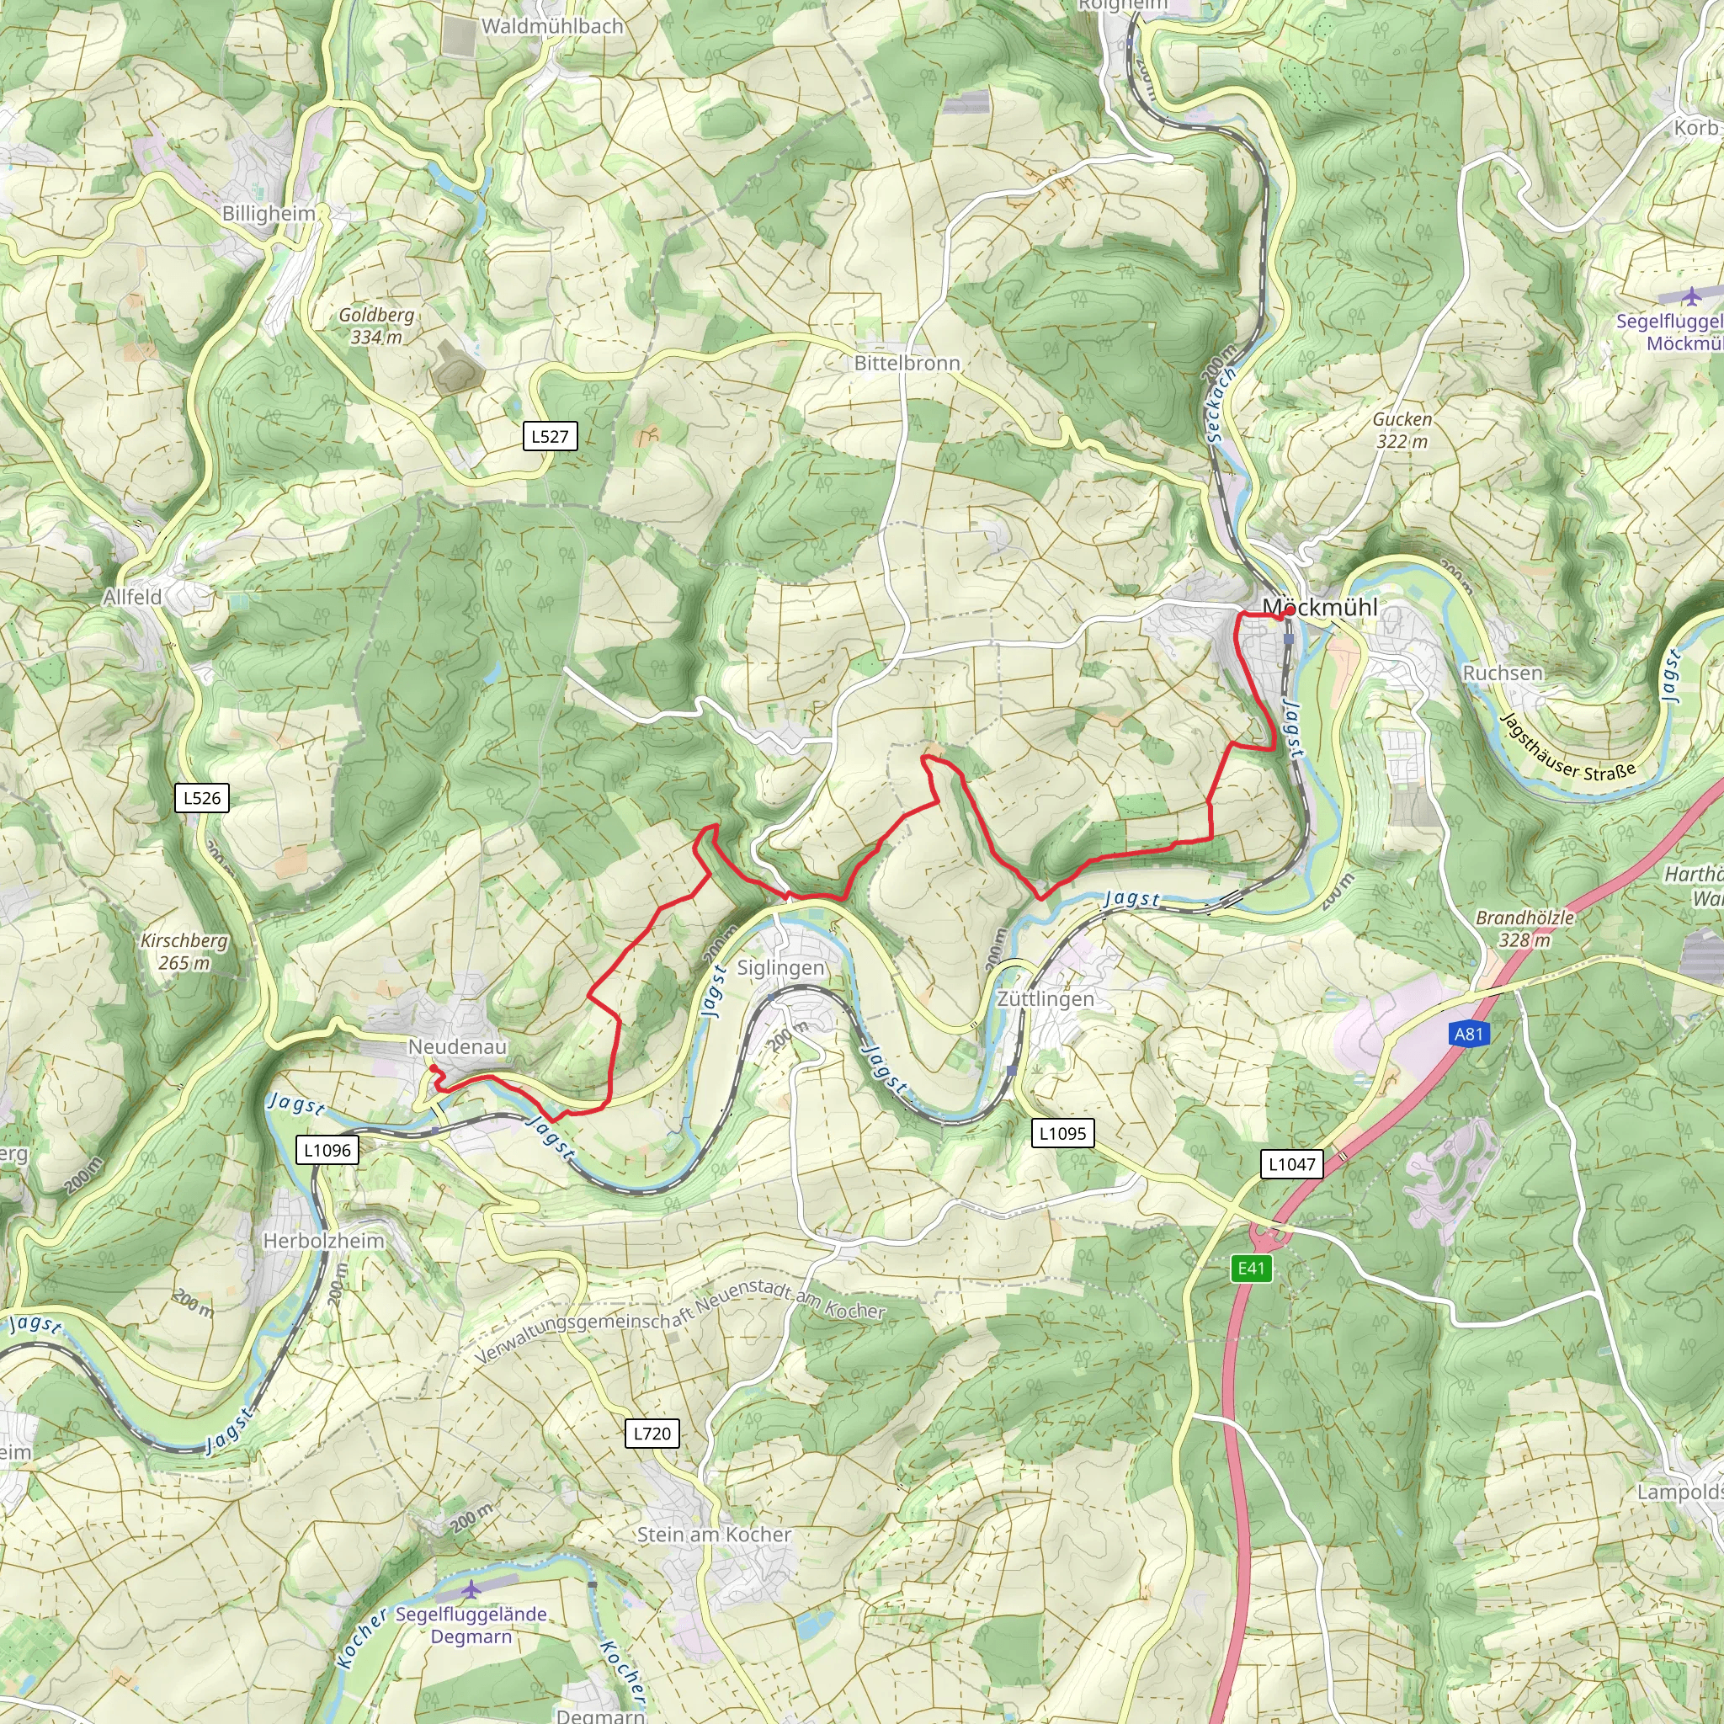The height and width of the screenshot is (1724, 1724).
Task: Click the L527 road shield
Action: pyautogui.click(x=550, y=436)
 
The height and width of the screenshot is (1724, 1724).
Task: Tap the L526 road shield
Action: pyautogui.click(x=202, y=798)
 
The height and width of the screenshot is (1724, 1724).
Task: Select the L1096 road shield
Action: pyautogui.click(x=327, y=1150)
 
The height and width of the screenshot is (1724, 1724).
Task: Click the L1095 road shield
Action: pyautogui.click(x=1063, y=1133)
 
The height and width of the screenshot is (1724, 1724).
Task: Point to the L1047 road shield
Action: pyautogui.click(x=1291, y=1163)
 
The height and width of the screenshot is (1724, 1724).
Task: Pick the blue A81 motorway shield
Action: pyautogui.click(x=1468, y=1035)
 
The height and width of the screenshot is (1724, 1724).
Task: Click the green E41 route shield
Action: pyautogui.click(x=1251, y=1268)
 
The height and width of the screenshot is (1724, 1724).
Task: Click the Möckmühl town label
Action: pyautogui.click(x=1320, y=608)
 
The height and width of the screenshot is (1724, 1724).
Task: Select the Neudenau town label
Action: pyautogui.click(x=458, y=1046)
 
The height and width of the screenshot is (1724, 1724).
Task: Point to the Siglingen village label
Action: pyautogui.click(x=781, y=968)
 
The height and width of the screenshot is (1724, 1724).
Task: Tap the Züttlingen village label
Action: pyautogui.click(x=1045, y=998)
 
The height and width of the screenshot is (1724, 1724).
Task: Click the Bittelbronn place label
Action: pyautogui.click(x=907, y=363)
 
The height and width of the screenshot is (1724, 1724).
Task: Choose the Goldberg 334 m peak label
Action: pyautogui.click(x=376, y=326)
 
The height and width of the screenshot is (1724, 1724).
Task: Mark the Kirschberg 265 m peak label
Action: pyautogui.click(x=184, y=951)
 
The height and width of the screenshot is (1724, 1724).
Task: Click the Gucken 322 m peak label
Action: pyautogui.click(x=1402, y=430)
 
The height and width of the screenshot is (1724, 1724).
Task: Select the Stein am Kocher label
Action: pyautogui.click(x=714, y=1535)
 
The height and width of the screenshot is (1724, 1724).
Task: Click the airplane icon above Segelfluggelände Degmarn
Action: pyautogui.click(x=471, y=1589)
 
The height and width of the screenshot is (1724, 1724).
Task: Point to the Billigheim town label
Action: pyautogui.click(x=269, y=214)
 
